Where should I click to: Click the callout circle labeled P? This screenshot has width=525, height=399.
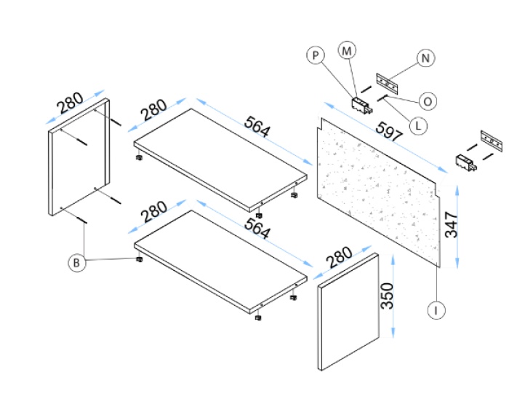click(315, 57)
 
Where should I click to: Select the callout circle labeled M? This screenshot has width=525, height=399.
click(348, 50)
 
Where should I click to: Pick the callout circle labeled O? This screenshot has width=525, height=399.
click(428, 101)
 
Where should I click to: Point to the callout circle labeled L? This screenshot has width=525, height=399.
click(417, 125)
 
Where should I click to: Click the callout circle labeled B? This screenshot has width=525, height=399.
click(76, 263)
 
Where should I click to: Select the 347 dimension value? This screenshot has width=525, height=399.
click(452, 224)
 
